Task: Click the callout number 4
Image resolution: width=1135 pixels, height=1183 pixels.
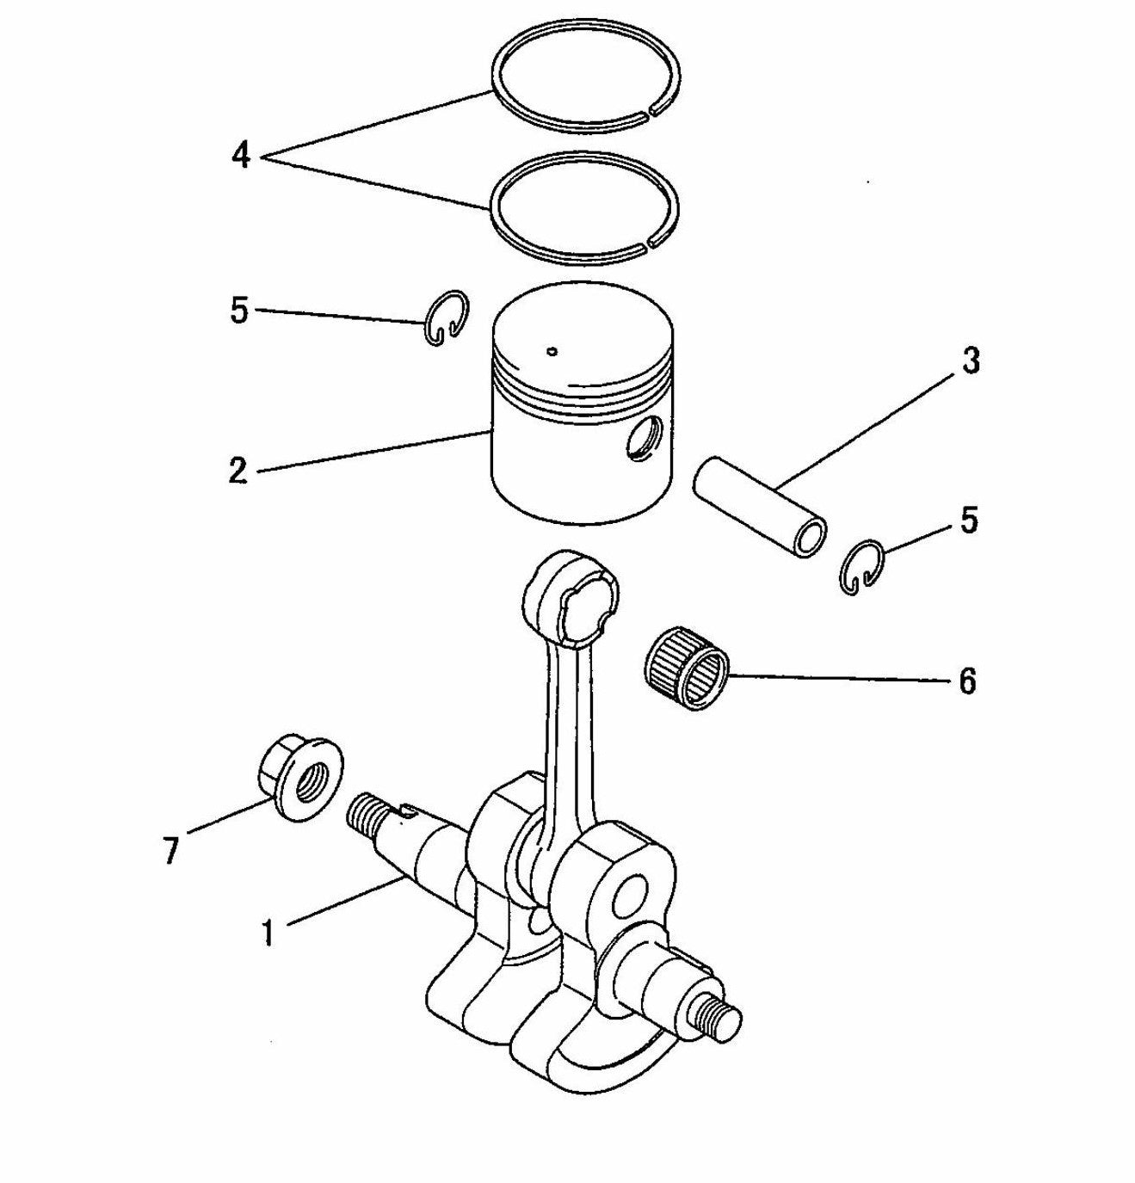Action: point(241,155)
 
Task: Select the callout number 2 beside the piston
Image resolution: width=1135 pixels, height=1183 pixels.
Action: point(238,471)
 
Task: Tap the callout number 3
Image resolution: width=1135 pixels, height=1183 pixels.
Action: point(970,361)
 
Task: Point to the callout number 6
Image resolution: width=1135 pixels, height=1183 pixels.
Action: point(967,681)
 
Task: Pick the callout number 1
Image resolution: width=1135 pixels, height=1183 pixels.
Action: point(268,931)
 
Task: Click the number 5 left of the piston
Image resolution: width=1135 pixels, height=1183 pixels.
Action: point(239,311)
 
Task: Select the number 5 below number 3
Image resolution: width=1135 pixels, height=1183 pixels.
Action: point(969,521)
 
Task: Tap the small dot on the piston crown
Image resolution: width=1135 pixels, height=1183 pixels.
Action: point(552,350)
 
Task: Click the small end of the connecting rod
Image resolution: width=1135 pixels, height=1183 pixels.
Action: point(571,594)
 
